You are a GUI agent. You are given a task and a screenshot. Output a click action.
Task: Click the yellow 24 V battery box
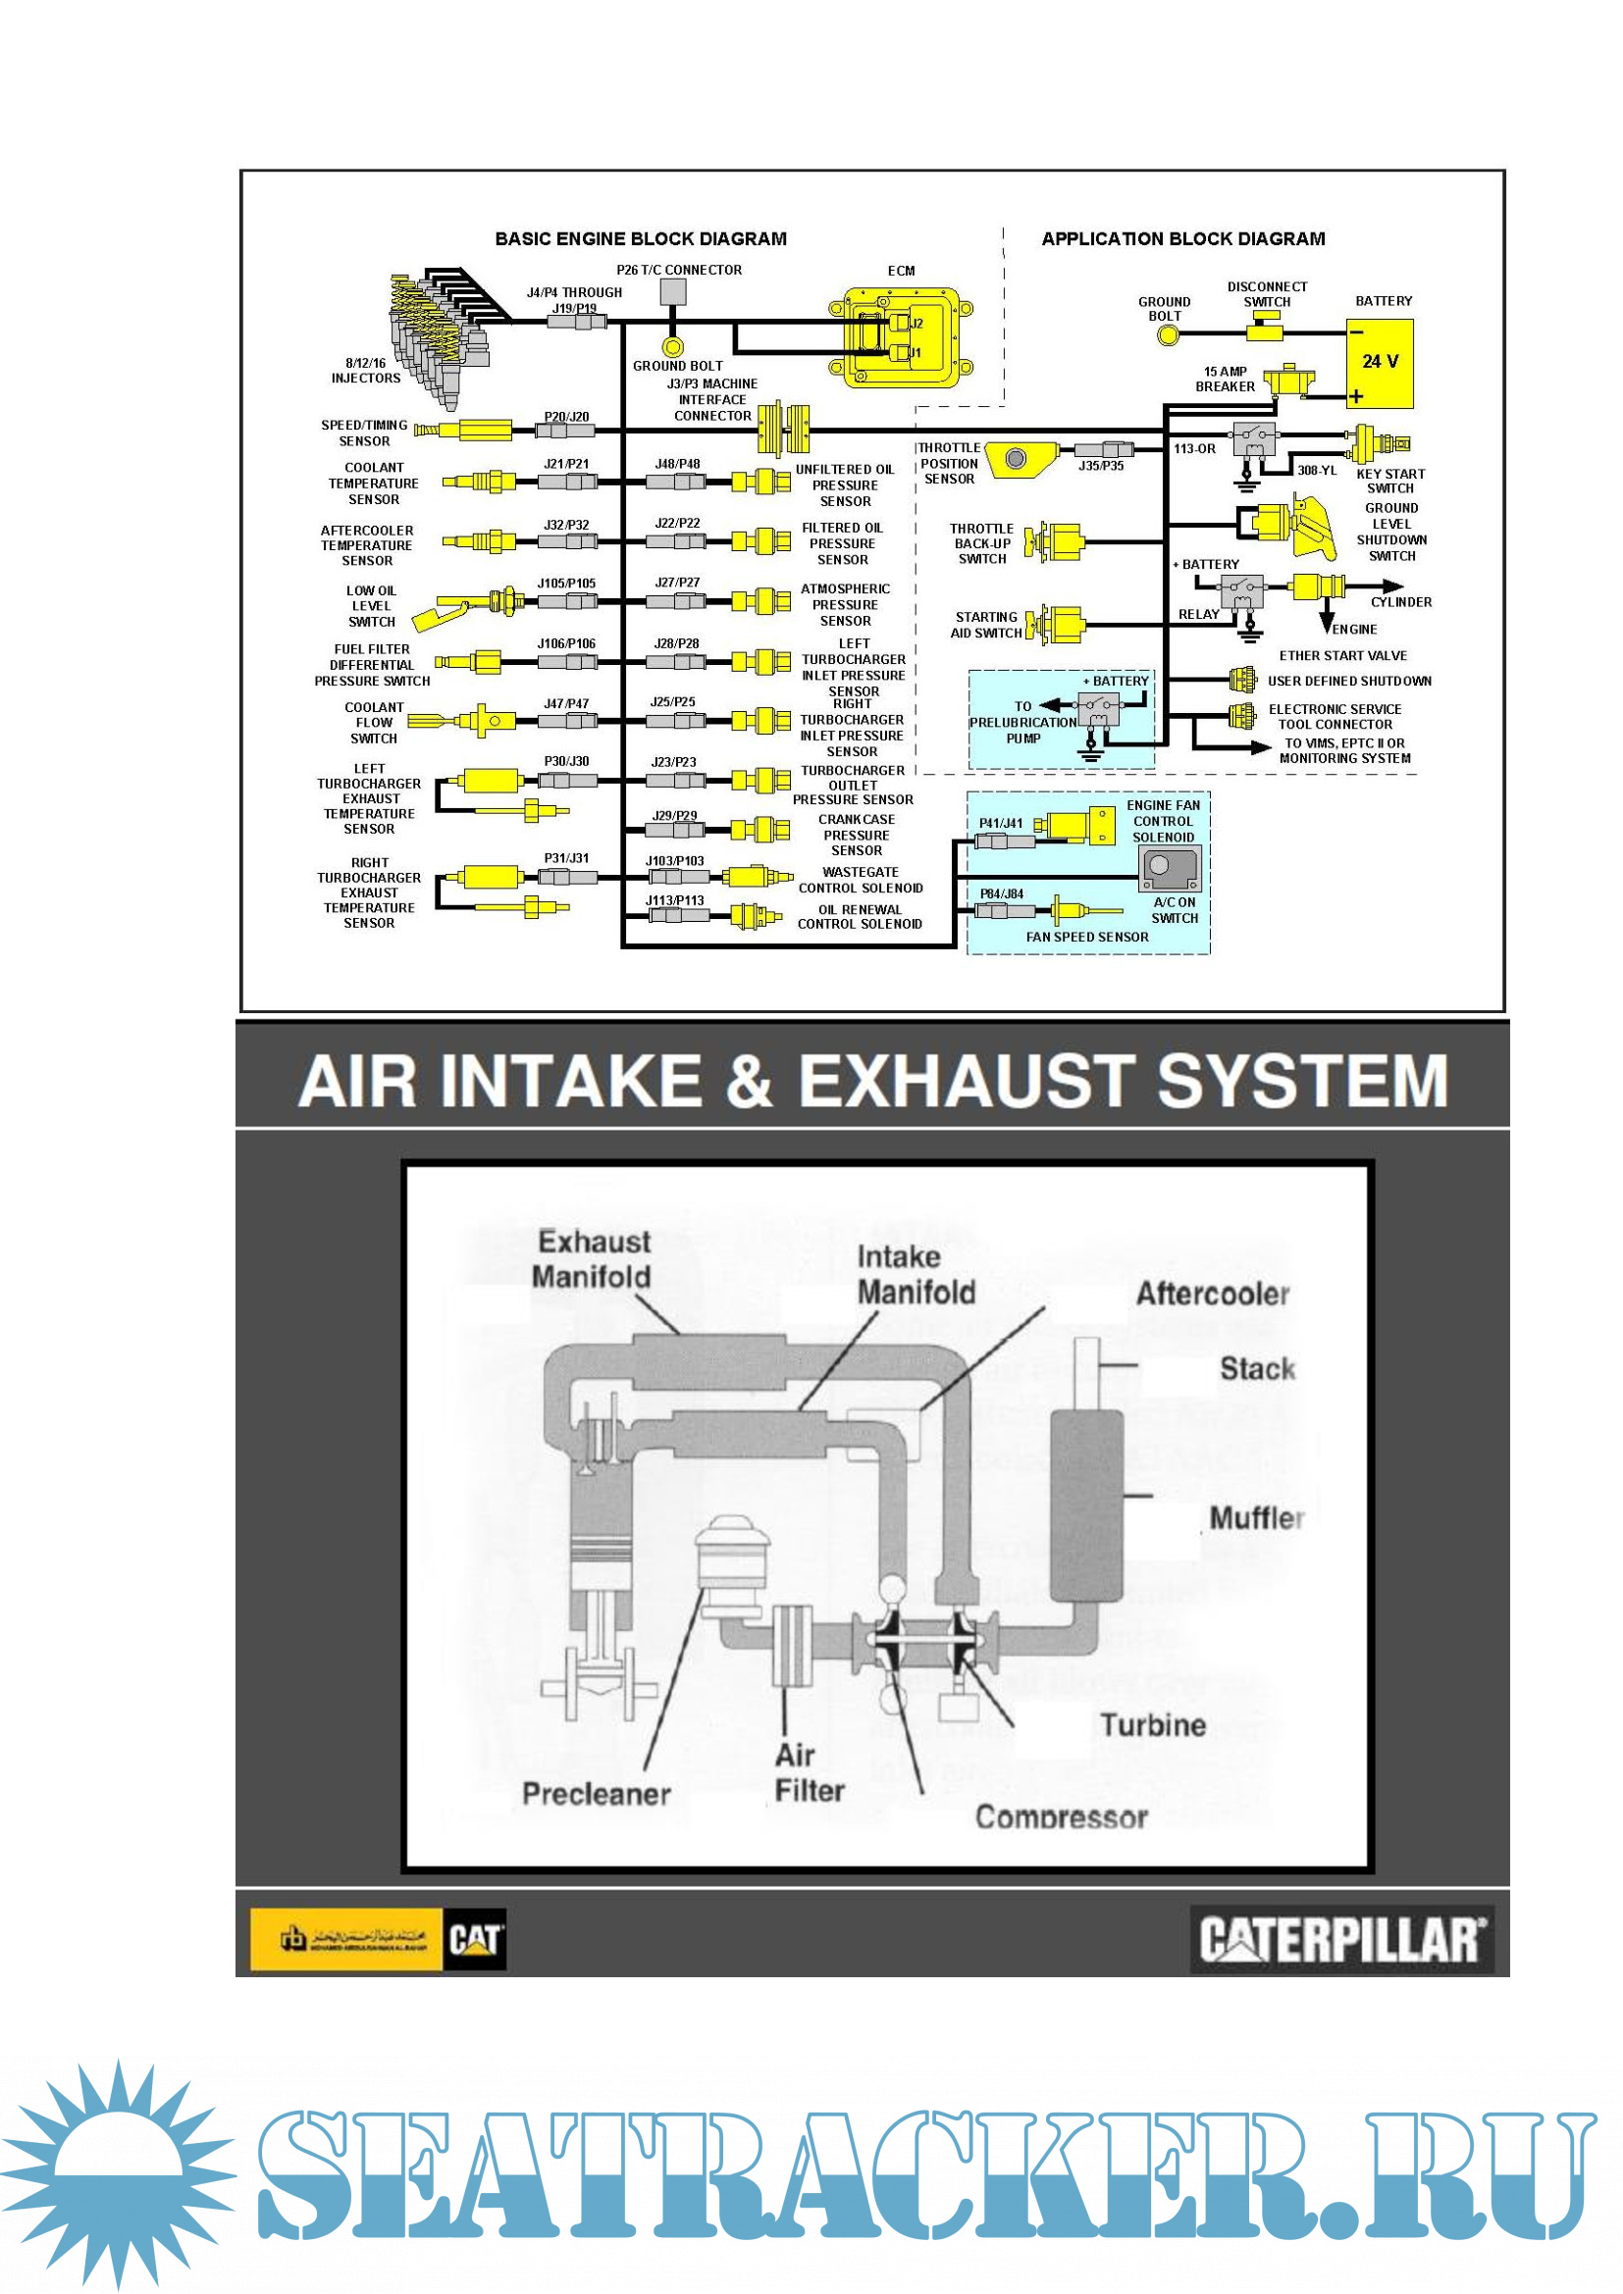coord(1383,364)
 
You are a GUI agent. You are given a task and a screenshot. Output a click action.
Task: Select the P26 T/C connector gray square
coord(673,291)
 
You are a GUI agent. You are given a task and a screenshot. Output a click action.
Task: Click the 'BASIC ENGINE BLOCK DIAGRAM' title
coord(641,238)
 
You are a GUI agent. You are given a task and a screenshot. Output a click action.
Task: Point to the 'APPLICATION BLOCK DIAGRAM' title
coord(1183,238)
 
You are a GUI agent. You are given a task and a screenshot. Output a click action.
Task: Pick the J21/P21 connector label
coord(566,464)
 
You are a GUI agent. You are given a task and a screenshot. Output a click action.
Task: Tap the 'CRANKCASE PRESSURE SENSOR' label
coord(857,835)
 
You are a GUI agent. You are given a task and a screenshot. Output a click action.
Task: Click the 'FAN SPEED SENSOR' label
coord(1087,937)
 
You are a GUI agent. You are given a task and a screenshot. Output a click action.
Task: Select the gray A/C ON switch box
coord(1171,868)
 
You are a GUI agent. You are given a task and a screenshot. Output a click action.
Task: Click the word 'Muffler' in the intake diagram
coord(1256,1518)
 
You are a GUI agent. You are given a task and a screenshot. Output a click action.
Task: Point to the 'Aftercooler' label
coord(1212,1294)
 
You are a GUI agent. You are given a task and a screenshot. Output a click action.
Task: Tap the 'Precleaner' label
coord(597,1795)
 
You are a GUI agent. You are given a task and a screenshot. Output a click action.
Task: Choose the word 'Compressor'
coord(1062,1817)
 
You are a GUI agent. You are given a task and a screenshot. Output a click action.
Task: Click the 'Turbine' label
coord(1153,1725)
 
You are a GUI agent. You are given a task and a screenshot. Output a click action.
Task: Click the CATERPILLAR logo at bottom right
coord(1341,1940)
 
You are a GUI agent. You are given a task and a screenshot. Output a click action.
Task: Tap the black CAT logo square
coord(475,1940)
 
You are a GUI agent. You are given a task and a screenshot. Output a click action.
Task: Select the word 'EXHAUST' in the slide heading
coord(965,1081)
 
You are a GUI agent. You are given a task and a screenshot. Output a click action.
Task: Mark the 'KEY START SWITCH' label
coord(1390,481)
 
